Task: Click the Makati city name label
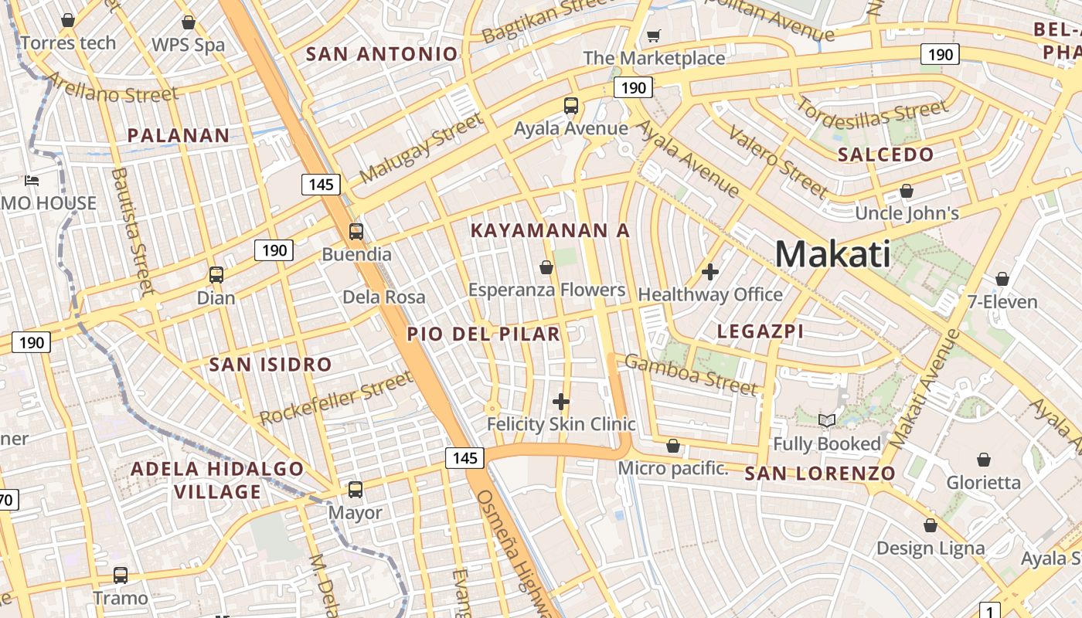point(832,253)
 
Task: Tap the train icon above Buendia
point(356,231)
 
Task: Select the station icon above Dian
point(216,274)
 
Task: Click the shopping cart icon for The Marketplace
point(654,36)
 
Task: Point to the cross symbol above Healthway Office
point(710,271)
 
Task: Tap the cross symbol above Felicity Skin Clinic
point(561,401)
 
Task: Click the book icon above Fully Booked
point(827,420)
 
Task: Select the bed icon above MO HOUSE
point(32,181)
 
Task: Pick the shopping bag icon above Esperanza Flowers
point(546,267)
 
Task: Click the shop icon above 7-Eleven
point(1002,278)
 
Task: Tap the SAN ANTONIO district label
point(382,54)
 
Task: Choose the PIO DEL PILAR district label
point(483,334)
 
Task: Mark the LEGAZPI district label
point(760,331)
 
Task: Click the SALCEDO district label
point(886,154)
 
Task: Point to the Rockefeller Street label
point(336,399)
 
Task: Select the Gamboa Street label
point(691,374)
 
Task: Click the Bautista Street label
point(132,231)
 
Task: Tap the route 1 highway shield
point(990,610)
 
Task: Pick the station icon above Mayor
point(356,489)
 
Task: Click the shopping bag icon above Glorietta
point(984,460)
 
